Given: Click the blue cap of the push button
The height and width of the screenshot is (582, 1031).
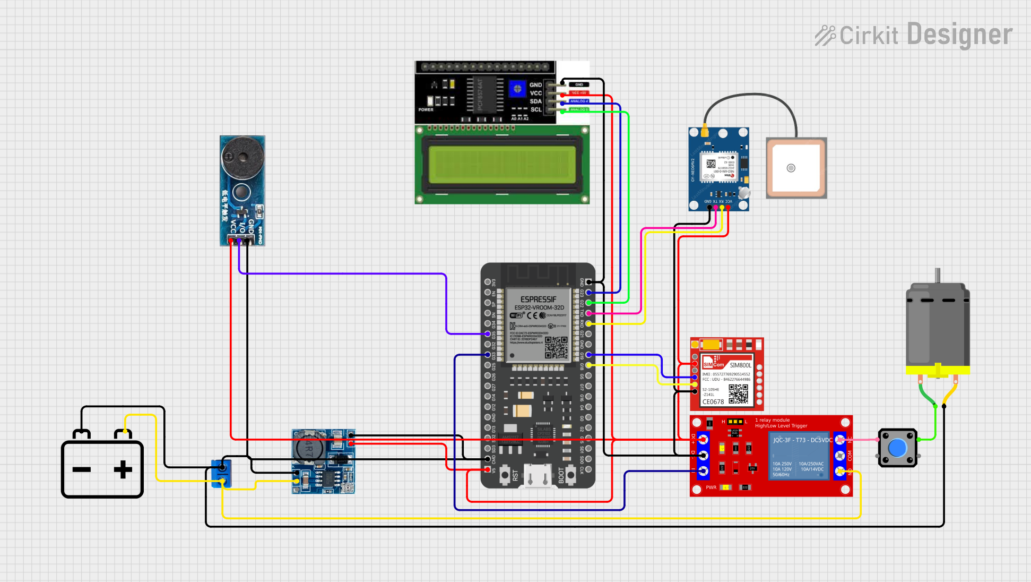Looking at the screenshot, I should pyautogui.click(x=897, y=448).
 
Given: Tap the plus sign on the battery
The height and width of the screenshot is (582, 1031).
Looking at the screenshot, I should pyautogui.click(x=123, y=469).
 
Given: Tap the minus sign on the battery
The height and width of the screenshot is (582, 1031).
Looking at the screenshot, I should pyautogui.click(x=82, y=469).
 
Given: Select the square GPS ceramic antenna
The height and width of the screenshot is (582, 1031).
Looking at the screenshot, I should pyautogui.click(x=796, y=168).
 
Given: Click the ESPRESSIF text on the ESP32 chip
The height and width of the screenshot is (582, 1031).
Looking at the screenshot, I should pyautogui.click(x=538, y=299).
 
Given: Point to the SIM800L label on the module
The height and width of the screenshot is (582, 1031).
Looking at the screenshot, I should pyautogui.click(x=740, y=365).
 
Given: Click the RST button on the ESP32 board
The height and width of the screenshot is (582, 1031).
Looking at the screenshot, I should pyautogui.click(x=505, y=475).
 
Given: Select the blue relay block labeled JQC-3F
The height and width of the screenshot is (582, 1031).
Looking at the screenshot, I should pyautogui.click(x=799, y=455).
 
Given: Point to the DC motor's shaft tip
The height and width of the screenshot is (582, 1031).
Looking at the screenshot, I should pyautogui.click(x=938, y=271).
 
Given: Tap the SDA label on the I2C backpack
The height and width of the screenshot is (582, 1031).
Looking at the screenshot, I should pyautogui.click(x=536, y=101).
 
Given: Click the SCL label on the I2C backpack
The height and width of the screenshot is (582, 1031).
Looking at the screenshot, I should pyautogui.click(x=536, y=110).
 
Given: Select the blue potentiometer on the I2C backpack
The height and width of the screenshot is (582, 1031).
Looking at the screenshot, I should pyautogui.click(x=517, y=88).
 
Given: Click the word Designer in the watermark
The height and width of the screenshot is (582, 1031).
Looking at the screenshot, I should pyautogui.click(x=959, y=35).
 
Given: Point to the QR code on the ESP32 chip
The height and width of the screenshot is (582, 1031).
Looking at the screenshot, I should pyautogui.click(x=556, y=347).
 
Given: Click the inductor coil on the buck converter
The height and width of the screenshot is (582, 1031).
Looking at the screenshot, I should pyautogui.click(x=309, y=449).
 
